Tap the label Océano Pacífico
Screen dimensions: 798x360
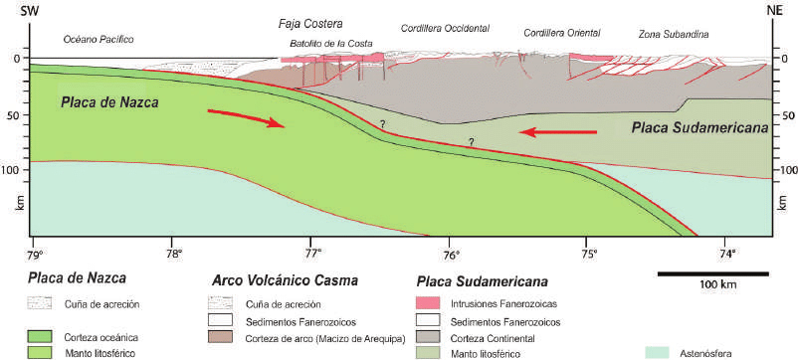(99, 38)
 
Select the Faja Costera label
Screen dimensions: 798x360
(310, 24)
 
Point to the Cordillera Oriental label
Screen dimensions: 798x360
(562, 33)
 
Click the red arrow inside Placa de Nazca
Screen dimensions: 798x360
(246, 118)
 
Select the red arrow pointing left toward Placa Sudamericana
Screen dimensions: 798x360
(557, 132)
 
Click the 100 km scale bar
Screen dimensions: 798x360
(713, 274)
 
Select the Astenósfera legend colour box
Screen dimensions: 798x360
(660, 352)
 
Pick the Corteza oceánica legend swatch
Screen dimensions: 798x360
(39, 336)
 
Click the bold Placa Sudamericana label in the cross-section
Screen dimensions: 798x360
(699, 128)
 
